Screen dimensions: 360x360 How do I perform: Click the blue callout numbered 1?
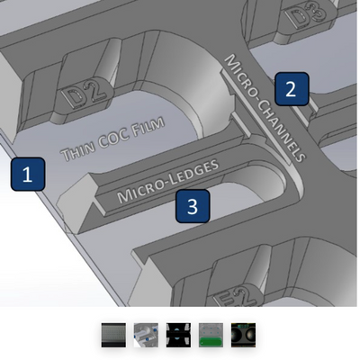[x=28, y=175]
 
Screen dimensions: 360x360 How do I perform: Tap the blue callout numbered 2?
[x=292, y=89]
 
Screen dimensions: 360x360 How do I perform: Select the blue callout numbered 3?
[x=193, y=206]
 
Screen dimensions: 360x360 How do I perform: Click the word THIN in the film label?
[x=78, y=150]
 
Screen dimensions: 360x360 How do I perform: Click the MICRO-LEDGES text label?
[x=168, y=181]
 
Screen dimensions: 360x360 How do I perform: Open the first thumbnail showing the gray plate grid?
[x=113, y=335]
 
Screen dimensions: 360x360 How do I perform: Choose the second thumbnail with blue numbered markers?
[x=146, y=335]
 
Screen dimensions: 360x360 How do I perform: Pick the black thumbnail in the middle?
[x=178, y=335]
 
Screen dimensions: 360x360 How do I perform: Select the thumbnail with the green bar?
[x=211, y=335]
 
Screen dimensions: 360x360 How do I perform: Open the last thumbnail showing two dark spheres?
[x=243, y=335]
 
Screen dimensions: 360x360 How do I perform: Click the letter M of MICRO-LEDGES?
[x=124, y=196]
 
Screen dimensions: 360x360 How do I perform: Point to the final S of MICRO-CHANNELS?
[x=300, y=156]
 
